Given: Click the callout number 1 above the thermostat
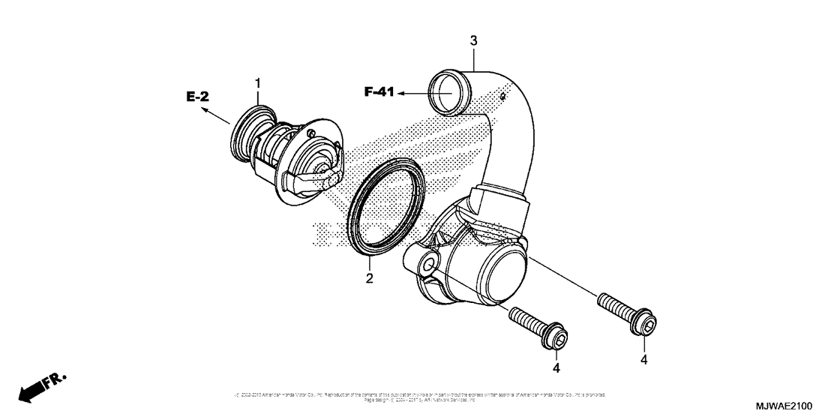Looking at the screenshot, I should coord(257,82).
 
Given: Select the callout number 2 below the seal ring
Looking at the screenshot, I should coord(369,280).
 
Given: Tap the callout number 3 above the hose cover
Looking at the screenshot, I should coord(473,39).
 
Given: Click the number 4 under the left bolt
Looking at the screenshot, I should coord(556,368).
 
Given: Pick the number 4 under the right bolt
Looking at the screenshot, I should coord(644,359).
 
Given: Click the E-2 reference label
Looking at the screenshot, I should coord(197,96).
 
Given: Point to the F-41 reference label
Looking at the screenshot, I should coord(379,92).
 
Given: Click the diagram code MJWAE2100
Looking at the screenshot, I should coord(799,406).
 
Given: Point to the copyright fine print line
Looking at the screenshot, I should coord(420,395).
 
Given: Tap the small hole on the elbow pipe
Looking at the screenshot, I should coord(513,94).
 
